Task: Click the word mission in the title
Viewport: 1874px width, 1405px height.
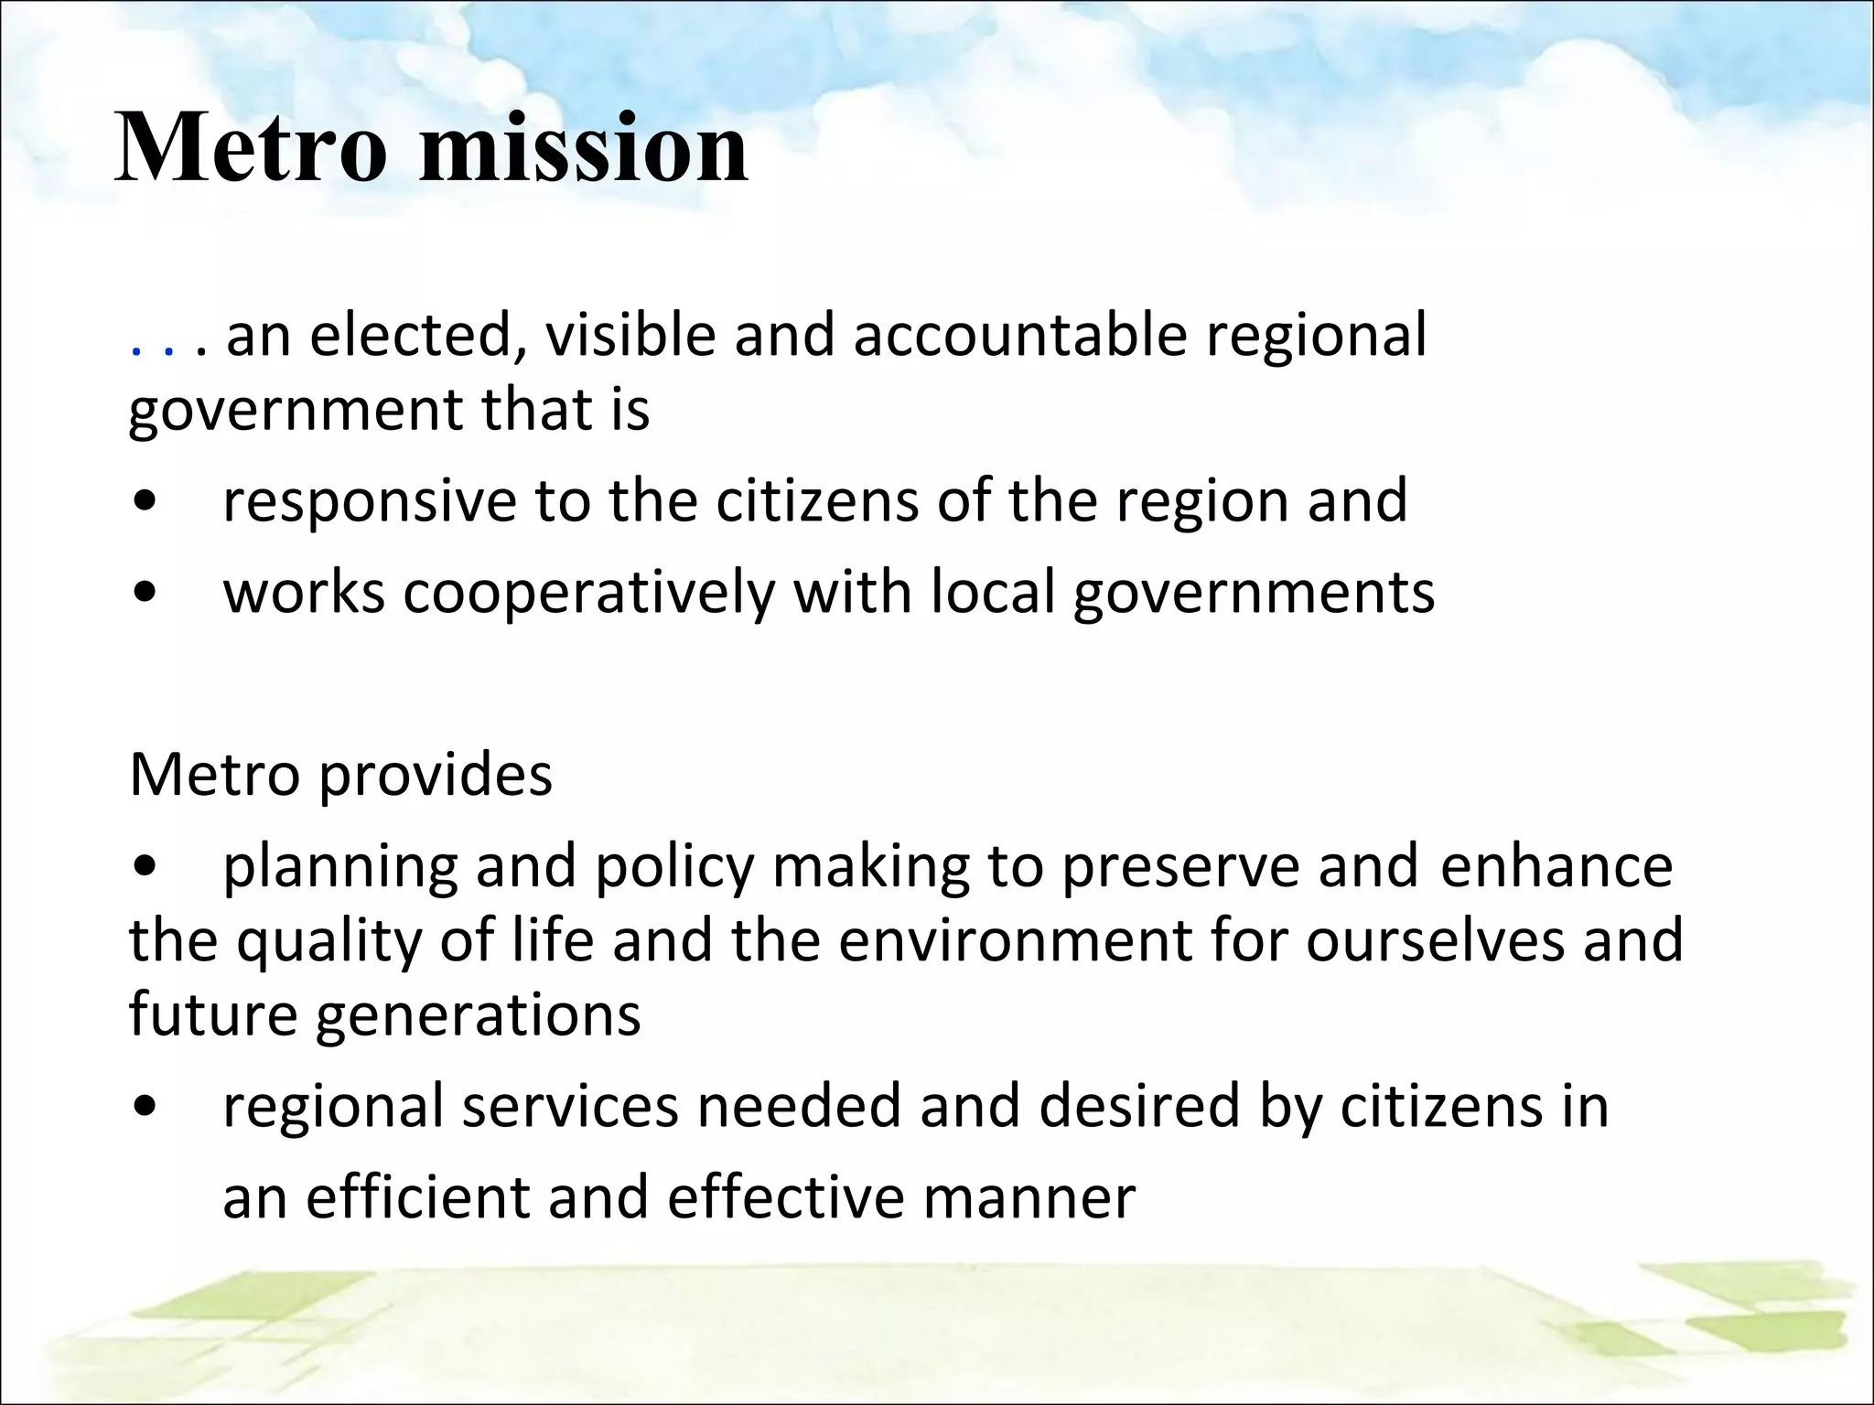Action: click(583, 148)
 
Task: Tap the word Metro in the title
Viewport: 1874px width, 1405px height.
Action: click(251, 148)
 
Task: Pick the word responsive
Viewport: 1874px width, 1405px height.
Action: click(370, 502)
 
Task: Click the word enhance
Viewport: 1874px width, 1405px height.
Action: click(1556, 866)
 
